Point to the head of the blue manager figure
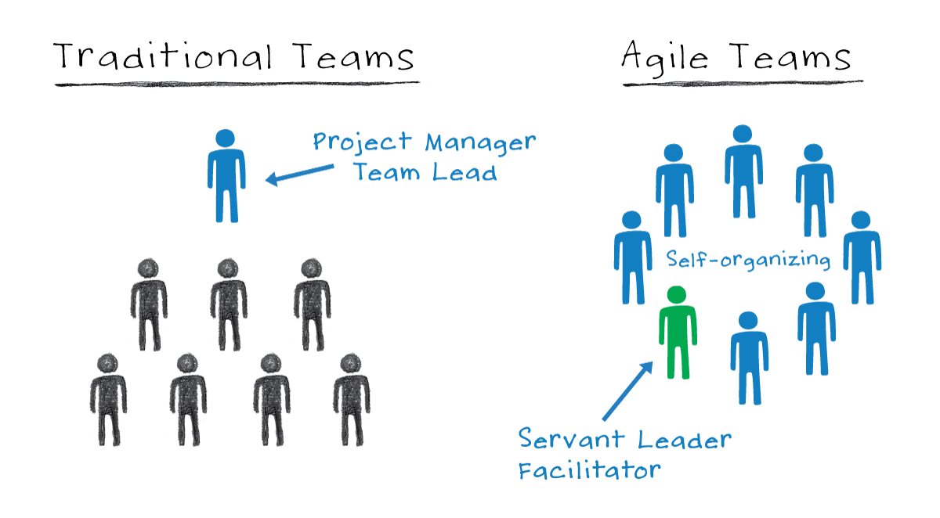click(x=226, y=139)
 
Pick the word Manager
click(x=480, y=142)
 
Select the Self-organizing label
click(x=748, y=259)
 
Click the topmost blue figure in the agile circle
click(x=743, y=171)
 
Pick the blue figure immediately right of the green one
click(x=748, y=357)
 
